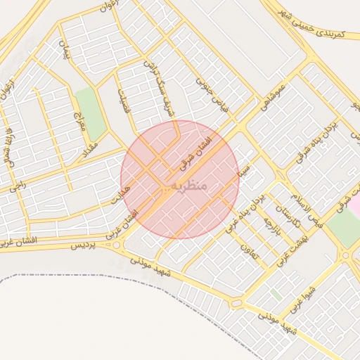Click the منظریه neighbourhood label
(186, 185)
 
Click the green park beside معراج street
(91, 110)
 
